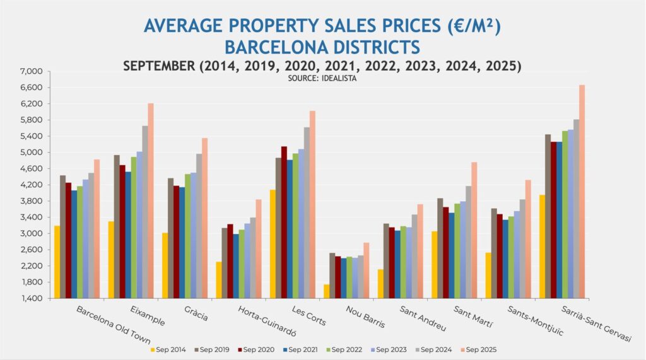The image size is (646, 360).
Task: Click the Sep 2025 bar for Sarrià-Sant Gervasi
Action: [582, 192]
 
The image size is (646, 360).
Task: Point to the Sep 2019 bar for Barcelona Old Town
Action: [63, 236]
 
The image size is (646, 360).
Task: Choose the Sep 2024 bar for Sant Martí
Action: [468, 242]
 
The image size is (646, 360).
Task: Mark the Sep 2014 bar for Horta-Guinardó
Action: [219, 280]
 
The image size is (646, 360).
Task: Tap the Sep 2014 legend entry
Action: [168, 349]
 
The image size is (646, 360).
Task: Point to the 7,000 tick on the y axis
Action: [32, 71]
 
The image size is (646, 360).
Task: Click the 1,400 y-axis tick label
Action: [32, 298]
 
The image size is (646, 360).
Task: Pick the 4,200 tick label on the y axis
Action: [32, 185]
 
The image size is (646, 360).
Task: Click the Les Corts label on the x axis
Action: [309, 316]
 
